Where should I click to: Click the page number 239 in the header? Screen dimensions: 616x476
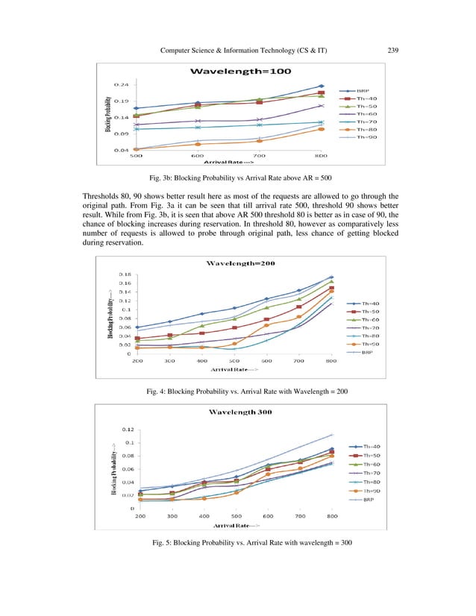[x=394, y=51]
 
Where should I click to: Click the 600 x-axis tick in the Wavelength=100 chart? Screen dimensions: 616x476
[x=198, y=156]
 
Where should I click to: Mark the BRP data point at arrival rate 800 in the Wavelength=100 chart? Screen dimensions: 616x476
[x=321, y=87]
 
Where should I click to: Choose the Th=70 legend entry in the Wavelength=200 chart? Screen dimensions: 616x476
[x=371, y=327]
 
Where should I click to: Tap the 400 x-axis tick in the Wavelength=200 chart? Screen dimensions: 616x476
[x=202, y=361]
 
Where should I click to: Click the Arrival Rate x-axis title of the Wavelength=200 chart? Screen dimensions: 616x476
[x=234, y=369]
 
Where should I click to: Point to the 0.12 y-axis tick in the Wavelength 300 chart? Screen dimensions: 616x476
[x=128, y=430]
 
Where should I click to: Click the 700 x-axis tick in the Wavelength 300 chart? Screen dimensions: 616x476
[x=300, y=516]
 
